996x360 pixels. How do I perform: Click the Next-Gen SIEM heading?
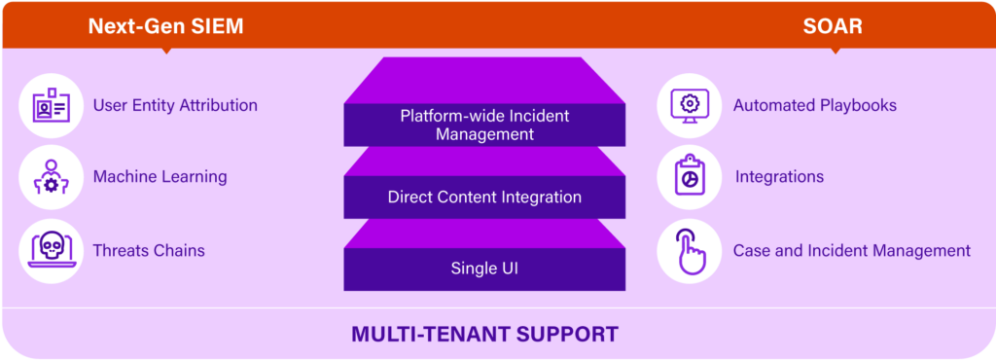pyautogui.click(x=165, y=26)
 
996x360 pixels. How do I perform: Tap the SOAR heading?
pyautogui.click(x=834, y=26)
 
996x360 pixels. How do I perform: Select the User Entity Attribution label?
pyautogui.click(x=175, y=105)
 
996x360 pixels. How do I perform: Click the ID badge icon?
pyautogui.click(x=51, y=105)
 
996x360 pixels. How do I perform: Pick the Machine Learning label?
pyautogui.click(x=160, y=177)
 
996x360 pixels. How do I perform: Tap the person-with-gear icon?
pyautogui.click(x=51, y=177)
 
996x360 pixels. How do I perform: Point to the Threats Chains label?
pyautogui.click(x=149, y=250)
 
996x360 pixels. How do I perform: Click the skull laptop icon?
pyautogui.click(x=51, y=250)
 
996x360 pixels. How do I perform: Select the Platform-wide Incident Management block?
pyautogui.click(x=484, y=125)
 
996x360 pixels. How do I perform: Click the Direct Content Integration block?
pyautogui.click(x=484, y=198)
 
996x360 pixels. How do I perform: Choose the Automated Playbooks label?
pyautogui.click(x=814, y=105)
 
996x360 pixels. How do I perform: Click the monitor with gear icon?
pyautogui.click(x=689, y=105)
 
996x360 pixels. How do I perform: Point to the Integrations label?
pyautogui.click(x=779, y=177)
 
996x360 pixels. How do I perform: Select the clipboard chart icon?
pyautogui.click(x=689, y=177)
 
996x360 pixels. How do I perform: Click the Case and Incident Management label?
pyautogui.click(x=851, y=250)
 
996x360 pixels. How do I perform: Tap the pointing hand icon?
pyautogui.click(x=689, y=250)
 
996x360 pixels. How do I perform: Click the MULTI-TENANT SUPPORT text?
pyautogui.click(x=484, y=335)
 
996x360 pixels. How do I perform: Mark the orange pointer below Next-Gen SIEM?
pyautogui.click(x=165, y=50)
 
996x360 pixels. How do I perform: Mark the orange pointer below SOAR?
pyautogui.click(x=834, y=50)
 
